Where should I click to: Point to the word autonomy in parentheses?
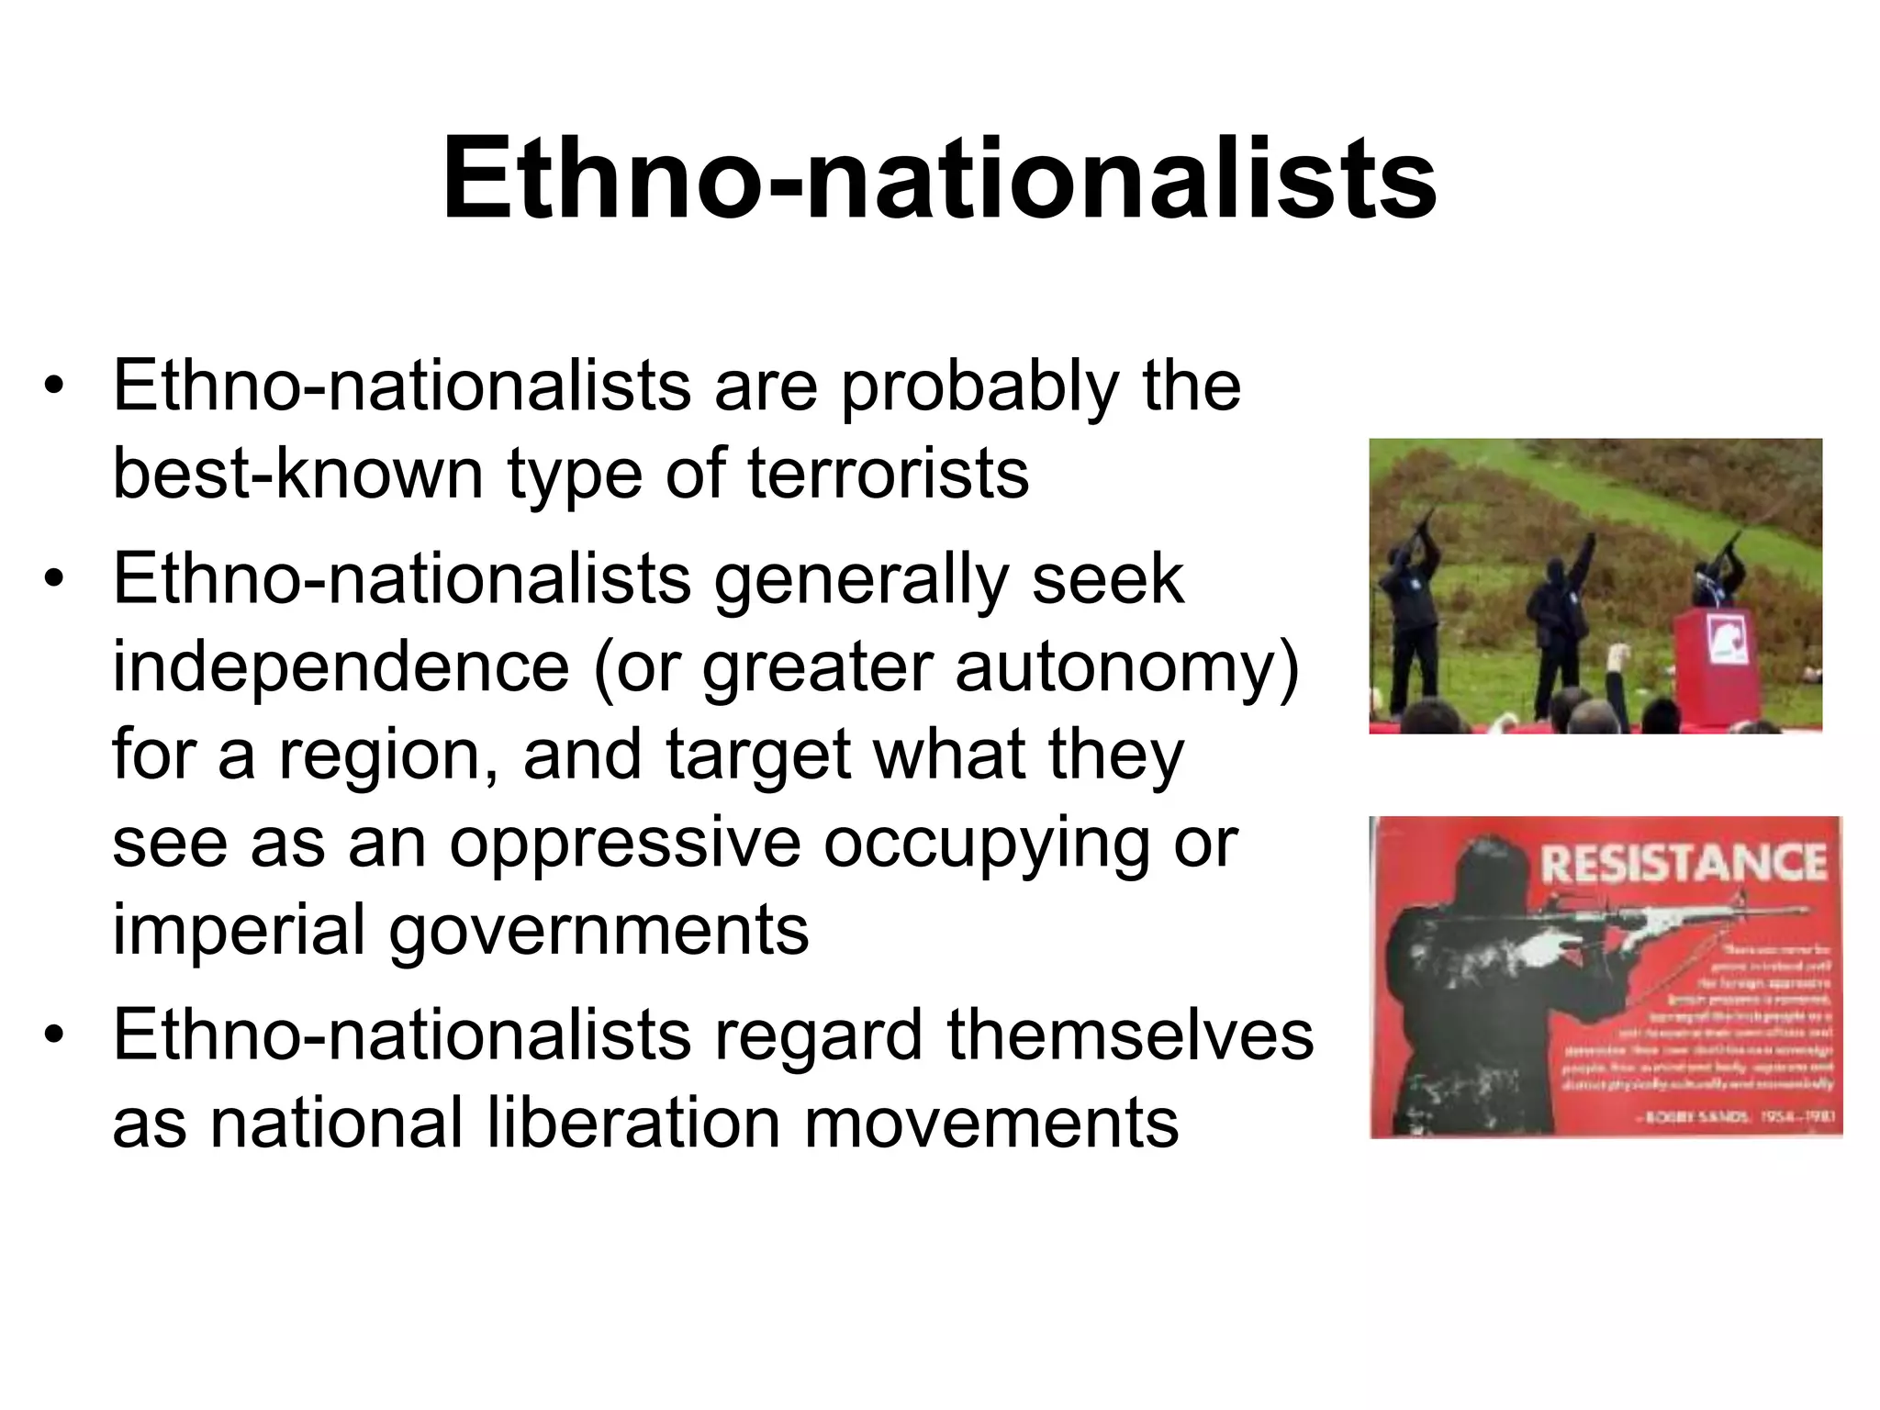click(1115, 668)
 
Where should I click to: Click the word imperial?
click(239, 931)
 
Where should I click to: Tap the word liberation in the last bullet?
click(632, 1122)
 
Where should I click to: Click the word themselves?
click(1130, 1035)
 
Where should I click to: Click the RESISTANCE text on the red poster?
click(1683, 864)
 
